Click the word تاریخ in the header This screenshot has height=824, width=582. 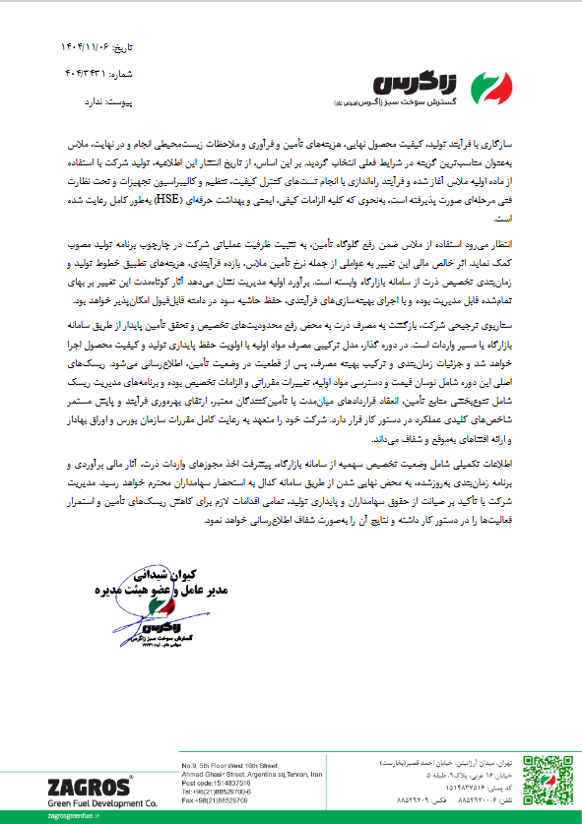[x=121, y=47]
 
